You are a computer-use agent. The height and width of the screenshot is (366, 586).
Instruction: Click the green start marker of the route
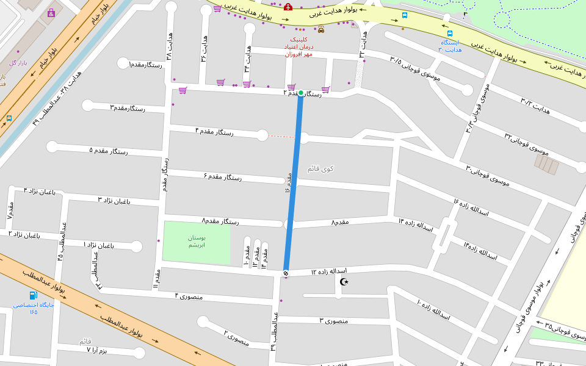[x=300, y=93]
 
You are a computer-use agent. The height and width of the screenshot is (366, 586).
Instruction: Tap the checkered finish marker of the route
[x=286, y=273]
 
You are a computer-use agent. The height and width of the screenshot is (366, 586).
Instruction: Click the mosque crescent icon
[x=344, y=281]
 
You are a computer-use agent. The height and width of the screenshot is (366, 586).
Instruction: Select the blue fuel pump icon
[x=33, y=295]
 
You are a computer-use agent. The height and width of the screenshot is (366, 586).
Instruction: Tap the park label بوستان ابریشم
[x=196, y=241]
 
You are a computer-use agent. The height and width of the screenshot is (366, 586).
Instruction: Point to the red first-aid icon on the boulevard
[x=288, y=7]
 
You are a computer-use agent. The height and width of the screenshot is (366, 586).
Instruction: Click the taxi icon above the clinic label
[x=321, y=29]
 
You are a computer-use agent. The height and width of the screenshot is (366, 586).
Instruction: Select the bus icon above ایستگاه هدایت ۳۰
[x=450, y=34]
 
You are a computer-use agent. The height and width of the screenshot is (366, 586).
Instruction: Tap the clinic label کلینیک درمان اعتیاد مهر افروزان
[x=298, y=47]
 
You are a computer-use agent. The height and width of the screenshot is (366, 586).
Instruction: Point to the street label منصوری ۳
[x=333, y=320]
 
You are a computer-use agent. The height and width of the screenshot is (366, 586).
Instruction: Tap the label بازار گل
[x=18, y=63]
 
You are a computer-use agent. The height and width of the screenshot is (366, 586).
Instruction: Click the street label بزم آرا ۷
[x=96, y=350]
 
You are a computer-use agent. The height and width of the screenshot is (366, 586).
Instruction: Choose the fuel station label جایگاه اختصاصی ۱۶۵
[x=34, y=308]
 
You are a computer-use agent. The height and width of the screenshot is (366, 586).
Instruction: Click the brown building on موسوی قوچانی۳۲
[x=546, y=164]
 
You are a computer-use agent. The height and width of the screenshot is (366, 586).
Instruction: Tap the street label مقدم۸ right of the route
[x=340, y=222]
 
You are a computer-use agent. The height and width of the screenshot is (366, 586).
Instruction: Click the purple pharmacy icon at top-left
[x=51, y=12]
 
